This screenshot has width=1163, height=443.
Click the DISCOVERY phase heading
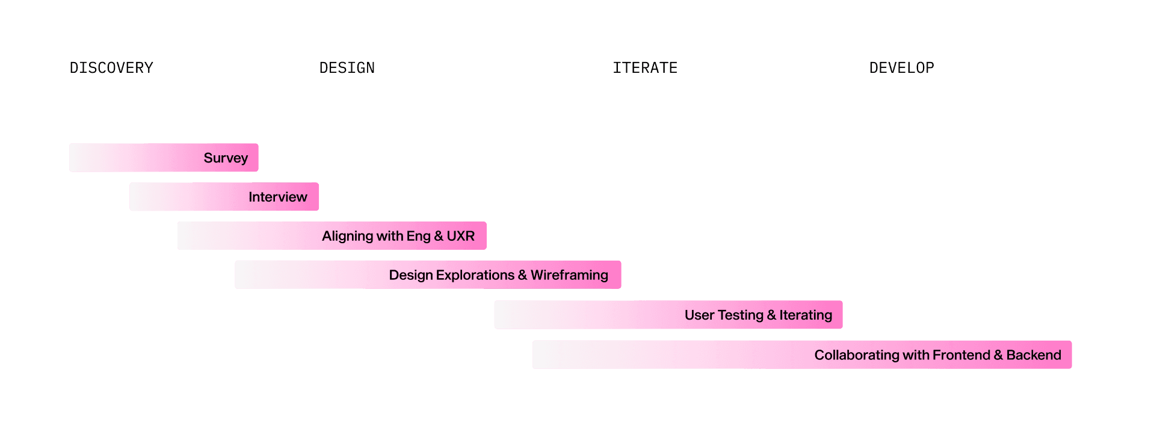111,67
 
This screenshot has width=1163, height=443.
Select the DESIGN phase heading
347,67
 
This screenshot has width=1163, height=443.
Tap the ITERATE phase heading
645,67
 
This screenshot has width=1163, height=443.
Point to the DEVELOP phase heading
901,67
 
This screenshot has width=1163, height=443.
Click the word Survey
226,158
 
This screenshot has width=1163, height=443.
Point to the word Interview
277,197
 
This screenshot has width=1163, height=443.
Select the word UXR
460,236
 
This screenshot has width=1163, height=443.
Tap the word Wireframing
569,275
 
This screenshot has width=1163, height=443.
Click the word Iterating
806,315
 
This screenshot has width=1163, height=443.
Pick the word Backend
1034,355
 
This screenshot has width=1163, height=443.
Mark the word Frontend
961,355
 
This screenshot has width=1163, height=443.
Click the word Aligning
347,236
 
